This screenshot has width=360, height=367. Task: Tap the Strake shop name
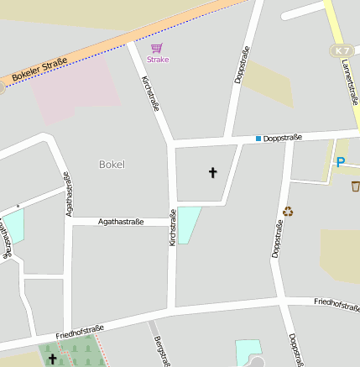158,60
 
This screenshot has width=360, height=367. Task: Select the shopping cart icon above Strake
157,48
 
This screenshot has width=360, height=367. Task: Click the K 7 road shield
341,51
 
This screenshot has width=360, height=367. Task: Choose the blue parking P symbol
340,162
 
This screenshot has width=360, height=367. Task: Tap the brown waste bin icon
355,186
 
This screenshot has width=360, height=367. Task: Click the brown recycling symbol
289,212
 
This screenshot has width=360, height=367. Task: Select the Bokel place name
111,165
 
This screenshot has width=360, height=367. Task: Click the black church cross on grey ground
212,174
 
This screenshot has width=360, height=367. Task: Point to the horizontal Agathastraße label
121,222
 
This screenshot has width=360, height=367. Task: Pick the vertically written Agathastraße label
68,194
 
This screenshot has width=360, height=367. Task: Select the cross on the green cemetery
54,359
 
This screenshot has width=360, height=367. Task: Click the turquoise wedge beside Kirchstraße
188,223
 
